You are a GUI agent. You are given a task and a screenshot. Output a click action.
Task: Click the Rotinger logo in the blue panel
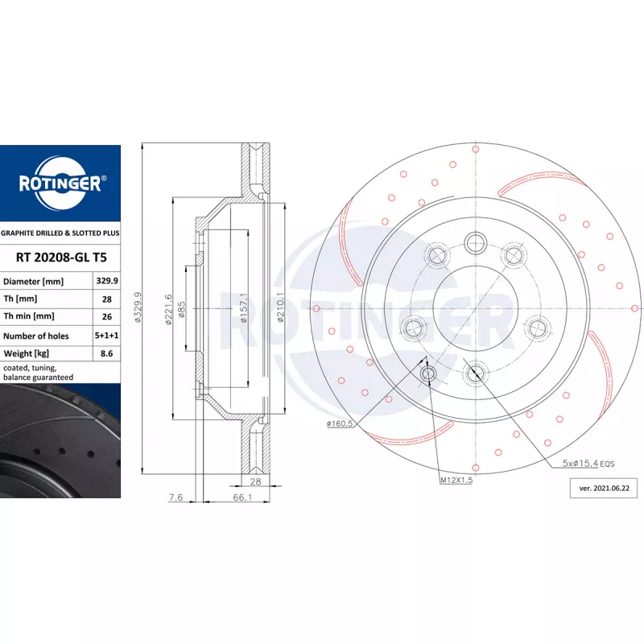61,184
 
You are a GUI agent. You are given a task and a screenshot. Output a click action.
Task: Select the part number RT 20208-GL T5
61,258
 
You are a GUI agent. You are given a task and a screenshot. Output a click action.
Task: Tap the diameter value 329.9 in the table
107,281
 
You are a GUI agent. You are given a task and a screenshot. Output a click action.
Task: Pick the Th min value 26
107,316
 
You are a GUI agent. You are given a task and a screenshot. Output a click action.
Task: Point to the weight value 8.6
107,353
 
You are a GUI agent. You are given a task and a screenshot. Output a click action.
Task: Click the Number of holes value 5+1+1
107,335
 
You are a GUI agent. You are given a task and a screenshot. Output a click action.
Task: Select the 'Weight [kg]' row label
27,353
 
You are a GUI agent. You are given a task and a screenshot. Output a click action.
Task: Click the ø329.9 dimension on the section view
138,308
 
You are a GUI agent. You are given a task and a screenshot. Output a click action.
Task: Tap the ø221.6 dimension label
168,310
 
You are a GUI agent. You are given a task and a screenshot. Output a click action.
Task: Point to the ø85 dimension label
182,310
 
